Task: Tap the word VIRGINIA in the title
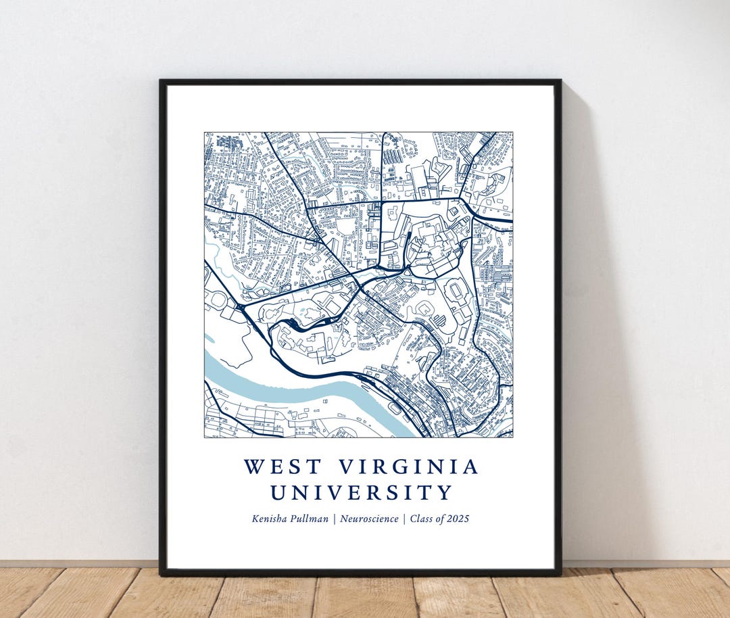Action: pyautogui.click(x=408, y=467)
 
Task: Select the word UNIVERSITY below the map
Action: pyautogui.click(x=361, y=492)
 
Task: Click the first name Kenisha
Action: pyautogui.click(x=272, y=519)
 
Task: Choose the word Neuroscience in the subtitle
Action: pyautogui.click(x=369, y=519)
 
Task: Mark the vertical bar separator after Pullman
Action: pyautogui.click(x=335, y=519)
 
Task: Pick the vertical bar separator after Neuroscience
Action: pyautogui.click(x=404, y=519)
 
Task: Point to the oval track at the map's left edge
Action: pyautogui.click(x=216, y=298)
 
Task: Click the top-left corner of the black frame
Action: pyautogui.click(x=161, y=82)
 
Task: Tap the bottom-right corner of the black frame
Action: pyautogui.click(x=560, y=574)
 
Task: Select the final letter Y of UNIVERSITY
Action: pyautogui.click(x=444, y=492)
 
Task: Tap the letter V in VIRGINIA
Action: pyautogui.click(x=345, y=467)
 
